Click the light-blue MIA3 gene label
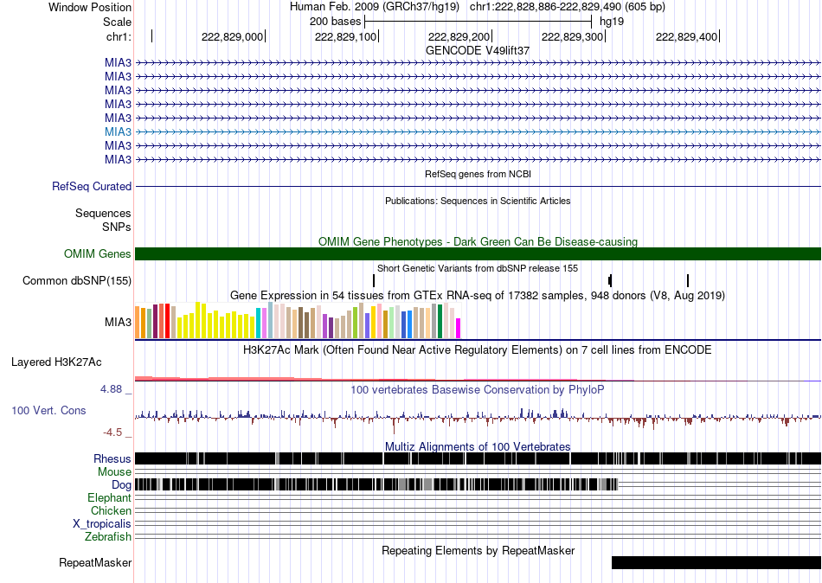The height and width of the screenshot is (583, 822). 118,131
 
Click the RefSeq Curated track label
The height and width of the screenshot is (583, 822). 92,186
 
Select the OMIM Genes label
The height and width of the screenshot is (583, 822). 98,253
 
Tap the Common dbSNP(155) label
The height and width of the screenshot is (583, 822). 77,280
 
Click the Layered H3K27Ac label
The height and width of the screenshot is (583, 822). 56,362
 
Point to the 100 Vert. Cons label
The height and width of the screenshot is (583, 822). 48,411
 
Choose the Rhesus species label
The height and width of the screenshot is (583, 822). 112,458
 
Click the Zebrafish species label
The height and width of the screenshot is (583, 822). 108,536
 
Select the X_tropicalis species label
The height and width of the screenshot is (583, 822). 102,524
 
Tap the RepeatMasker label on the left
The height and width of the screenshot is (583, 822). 95,562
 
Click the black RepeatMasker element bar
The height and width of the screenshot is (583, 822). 716,562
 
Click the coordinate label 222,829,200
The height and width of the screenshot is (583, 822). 459,36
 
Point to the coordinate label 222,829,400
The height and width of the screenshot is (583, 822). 686,36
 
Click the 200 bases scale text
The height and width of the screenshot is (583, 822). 336,22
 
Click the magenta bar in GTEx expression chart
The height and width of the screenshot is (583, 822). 458,328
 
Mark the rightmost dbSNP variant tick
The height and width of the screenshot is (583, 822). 688,280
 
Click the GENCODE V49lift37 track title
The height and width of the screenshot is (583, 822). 478,50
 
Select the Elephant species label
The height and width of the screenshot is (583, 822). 110,497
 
